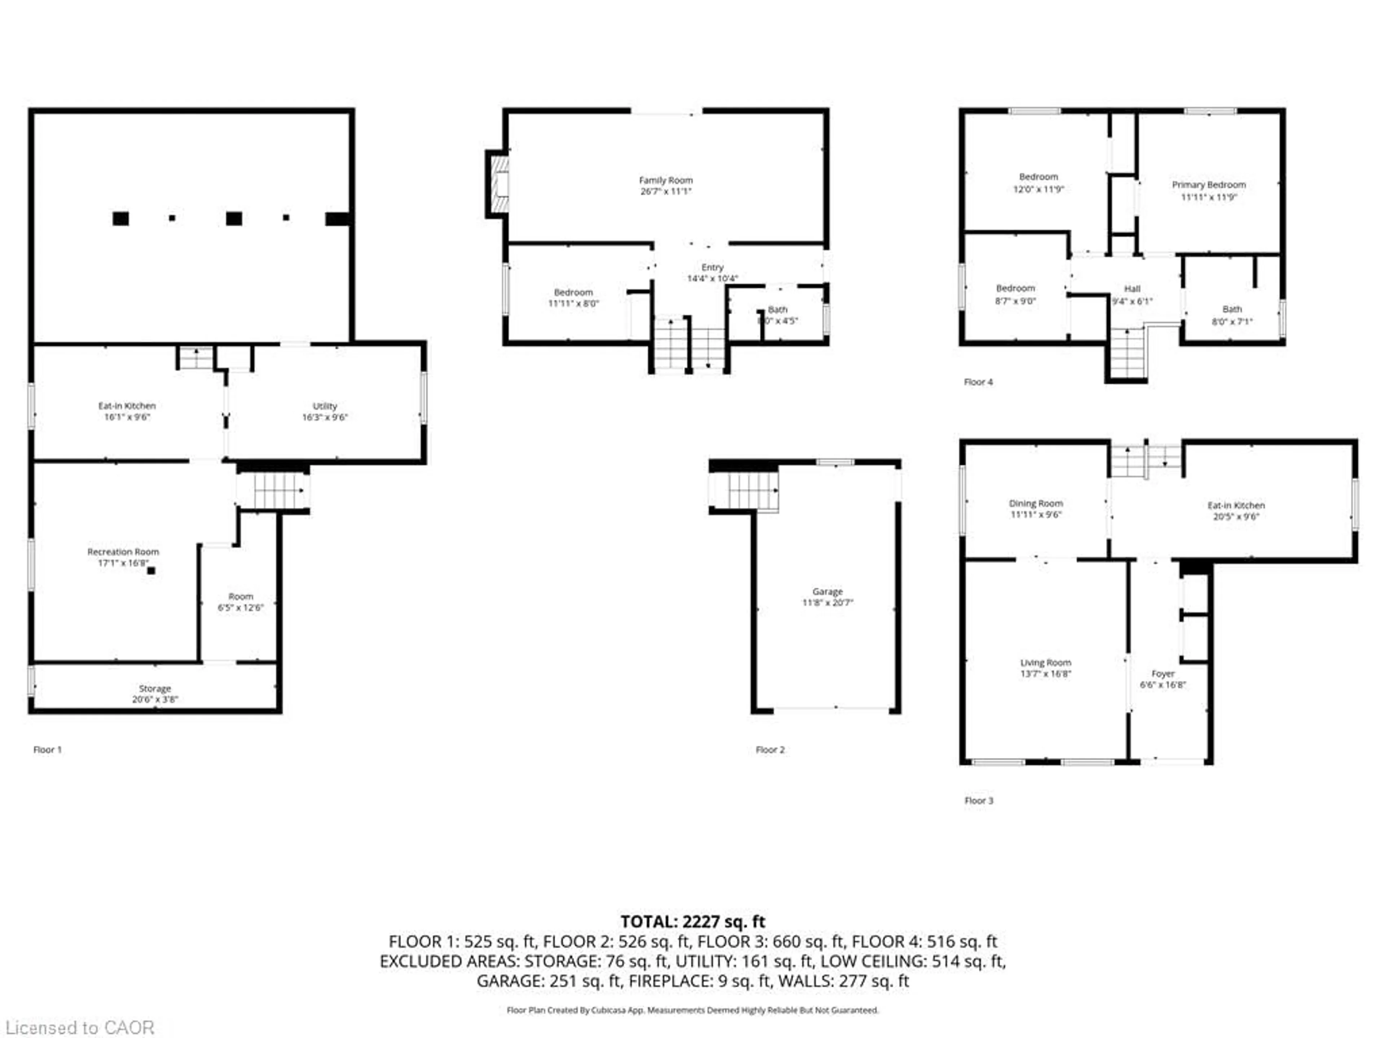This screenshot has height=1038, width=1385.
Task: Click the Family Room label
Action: pos(665,180)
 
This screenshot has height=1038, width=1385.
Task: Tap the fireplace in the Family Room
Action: pos(499,185)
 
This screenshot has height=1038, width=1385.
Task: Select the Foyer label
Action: pos(1163,674)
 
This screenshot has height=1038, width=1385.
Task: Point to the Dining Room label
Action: pos(1036,504)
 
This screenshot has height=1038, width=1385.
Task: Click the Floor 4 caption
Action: pos(978,382)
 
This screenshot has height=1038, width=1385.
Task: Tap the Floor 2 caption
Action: pos(770,750)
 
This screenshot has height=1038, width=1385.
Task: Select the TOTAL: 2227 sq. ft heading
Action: pos(692,922)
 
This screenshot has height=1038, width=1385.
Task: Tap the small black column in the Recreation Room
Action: pos(151,571)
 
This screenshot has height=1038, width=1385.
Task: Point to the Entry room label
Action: pos(713,267)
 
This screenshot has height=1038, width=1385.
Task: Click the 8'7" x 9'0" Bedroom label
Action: pos(1015,288)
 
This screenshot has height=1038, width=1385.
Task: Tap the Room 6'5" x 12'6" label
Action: pos(241,597)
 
